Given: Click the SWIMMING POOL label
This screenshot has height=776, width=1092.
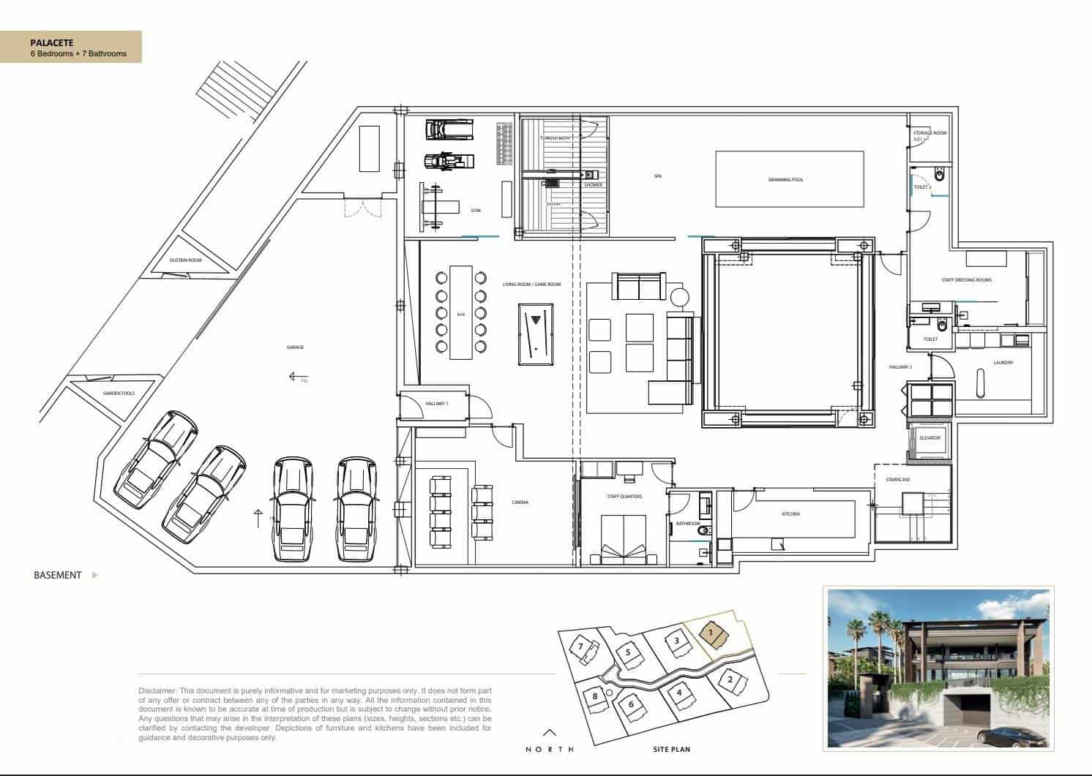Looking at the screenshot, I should [x=785, y=179].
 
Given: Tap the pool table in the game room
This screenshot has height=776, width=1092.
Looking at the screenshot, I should [x=536, y=334].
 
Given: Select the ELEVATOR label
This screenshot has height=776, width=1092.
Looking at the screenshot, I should [x=929, y=437].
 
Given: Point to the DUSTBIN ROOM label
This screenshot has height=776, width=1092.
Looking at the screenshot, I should [x=185, y=260].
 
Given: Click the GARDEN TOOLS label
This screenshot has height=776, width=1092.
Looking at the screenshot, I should [x=118, y=393].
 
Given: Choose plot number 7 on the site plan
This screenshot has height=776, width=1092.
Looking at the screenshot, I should [x=581, y=647].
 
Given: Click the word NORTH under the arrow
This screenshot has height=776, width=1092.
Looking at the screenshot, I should [x=550, y=749].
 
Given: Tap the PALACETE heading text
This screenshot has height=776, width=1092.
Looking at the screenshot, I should [x=51, y=43].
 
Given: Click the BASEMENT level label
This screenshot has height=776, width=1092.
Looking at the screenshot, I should [x=57, y=575].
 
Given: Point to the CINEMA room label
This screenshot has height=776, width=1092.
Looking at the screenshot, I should [x=520, y=502].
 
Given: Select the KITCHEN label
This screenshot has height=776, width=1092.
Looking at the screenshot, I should [x=790, y=514].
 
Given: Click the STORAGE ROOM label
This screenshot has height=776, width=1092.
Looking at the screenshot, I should [x=930, y=133].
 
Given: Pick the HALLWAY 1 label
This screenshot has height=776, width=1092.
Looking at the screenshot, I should [x=437, y=404].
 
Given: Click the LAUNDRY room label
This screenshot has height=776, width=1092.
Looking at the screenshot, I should [x=1003, y=363].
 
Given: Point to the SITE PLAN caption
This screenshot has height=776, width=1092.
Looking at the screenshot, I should [x=671, y=749].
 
